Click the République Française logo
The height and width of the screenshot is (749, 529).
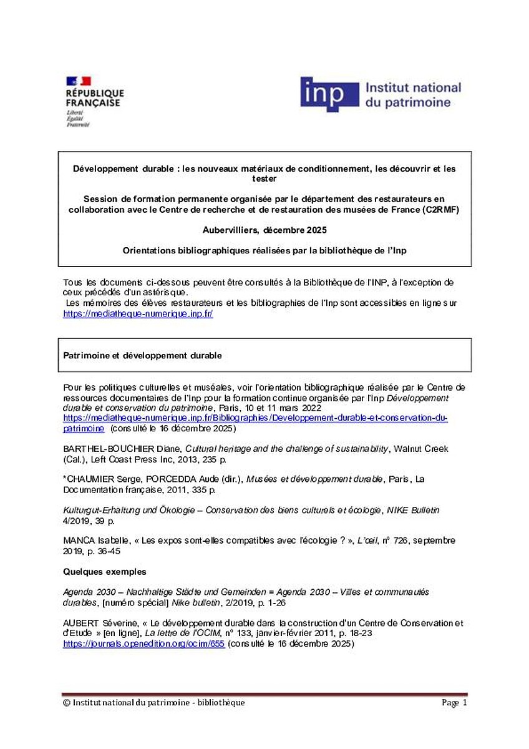point(94,100)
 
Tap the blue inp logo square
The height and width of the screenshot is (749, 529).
point(329,94)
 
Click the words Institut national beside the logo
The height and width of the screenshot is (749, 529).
point(412,88)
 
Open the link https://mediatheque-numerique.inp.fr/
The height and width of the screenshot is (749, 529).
point(138,314)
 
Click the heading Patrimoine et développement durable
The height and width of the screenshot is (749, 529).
point(142,355)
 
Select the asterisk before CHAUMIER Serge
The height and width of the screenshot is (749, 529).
point(66,478)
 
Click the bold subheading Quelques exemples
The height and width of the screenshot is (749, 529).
point(105,571)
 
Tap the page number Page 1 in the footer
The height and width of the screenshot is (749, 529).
point(454,703)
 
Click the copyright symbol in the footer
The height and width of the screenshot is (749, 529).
point(66,703)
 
